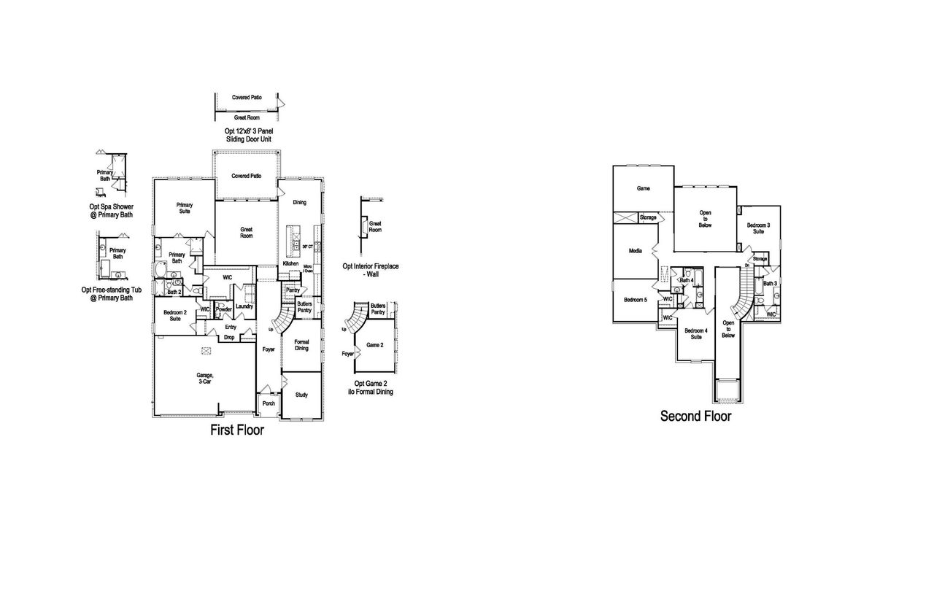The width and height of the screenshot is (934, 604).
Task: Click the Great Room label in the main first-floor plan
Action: click(x=247, y=233)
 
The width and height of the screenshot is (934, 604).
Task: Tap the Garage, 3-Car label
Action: click(x=205, y=378)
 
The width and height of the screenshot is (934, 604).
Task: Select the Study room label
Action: click(x=301, y=395)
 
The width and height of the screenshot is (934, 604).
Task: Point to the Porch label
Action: click(x=269, y=403)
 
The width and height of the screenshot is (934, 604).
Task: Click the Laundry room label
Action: click(x=244, y=306)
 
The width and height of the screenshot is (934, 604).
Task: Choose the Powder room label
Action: click(x=223, y=309)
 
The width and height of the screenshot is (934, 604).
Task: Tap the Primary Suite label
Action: click(x=184, y=208)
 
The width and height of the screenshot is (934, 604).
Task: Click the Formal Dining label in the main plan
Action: click(x=301, y=345)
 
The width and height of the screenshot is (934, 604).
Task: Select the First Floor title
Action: click(x=237, y=430)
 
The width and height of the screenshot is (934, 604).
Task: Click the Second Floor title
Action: click(x=695, y=417)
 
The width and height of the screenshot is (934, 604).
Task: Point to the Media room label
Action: click(x=635, y=250)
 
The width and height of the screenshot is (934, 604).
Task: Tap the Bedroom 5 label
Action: click(x=636, y=300)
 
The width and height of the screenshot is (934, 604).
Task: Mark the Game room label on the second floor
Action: click(x=643, y=188)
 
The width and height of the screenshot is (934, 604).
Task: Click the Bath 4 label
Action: click(x=686, y=280)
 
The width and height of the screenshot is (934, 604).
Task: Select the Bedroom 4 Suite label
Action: click(x=694, y=333)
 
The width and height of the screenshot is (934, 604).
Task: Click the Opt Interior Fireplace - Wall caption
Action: click(x=371, y=270)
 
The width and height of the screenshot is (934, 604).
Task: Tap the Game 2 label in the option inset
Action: click(x=375, y=345)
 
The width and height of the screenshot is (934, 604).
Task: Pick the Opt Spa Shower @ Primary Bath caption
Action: click(x=111, y=211)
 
